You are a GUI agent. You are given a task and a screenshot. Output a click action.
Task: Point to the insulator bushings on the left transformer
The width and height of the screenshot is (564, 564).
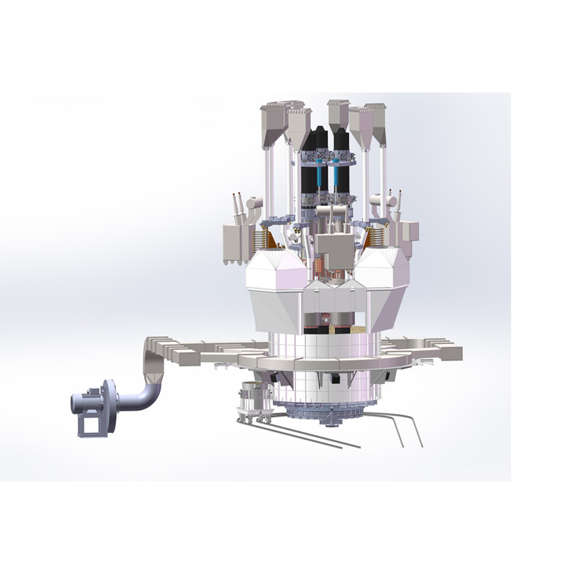240,204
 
